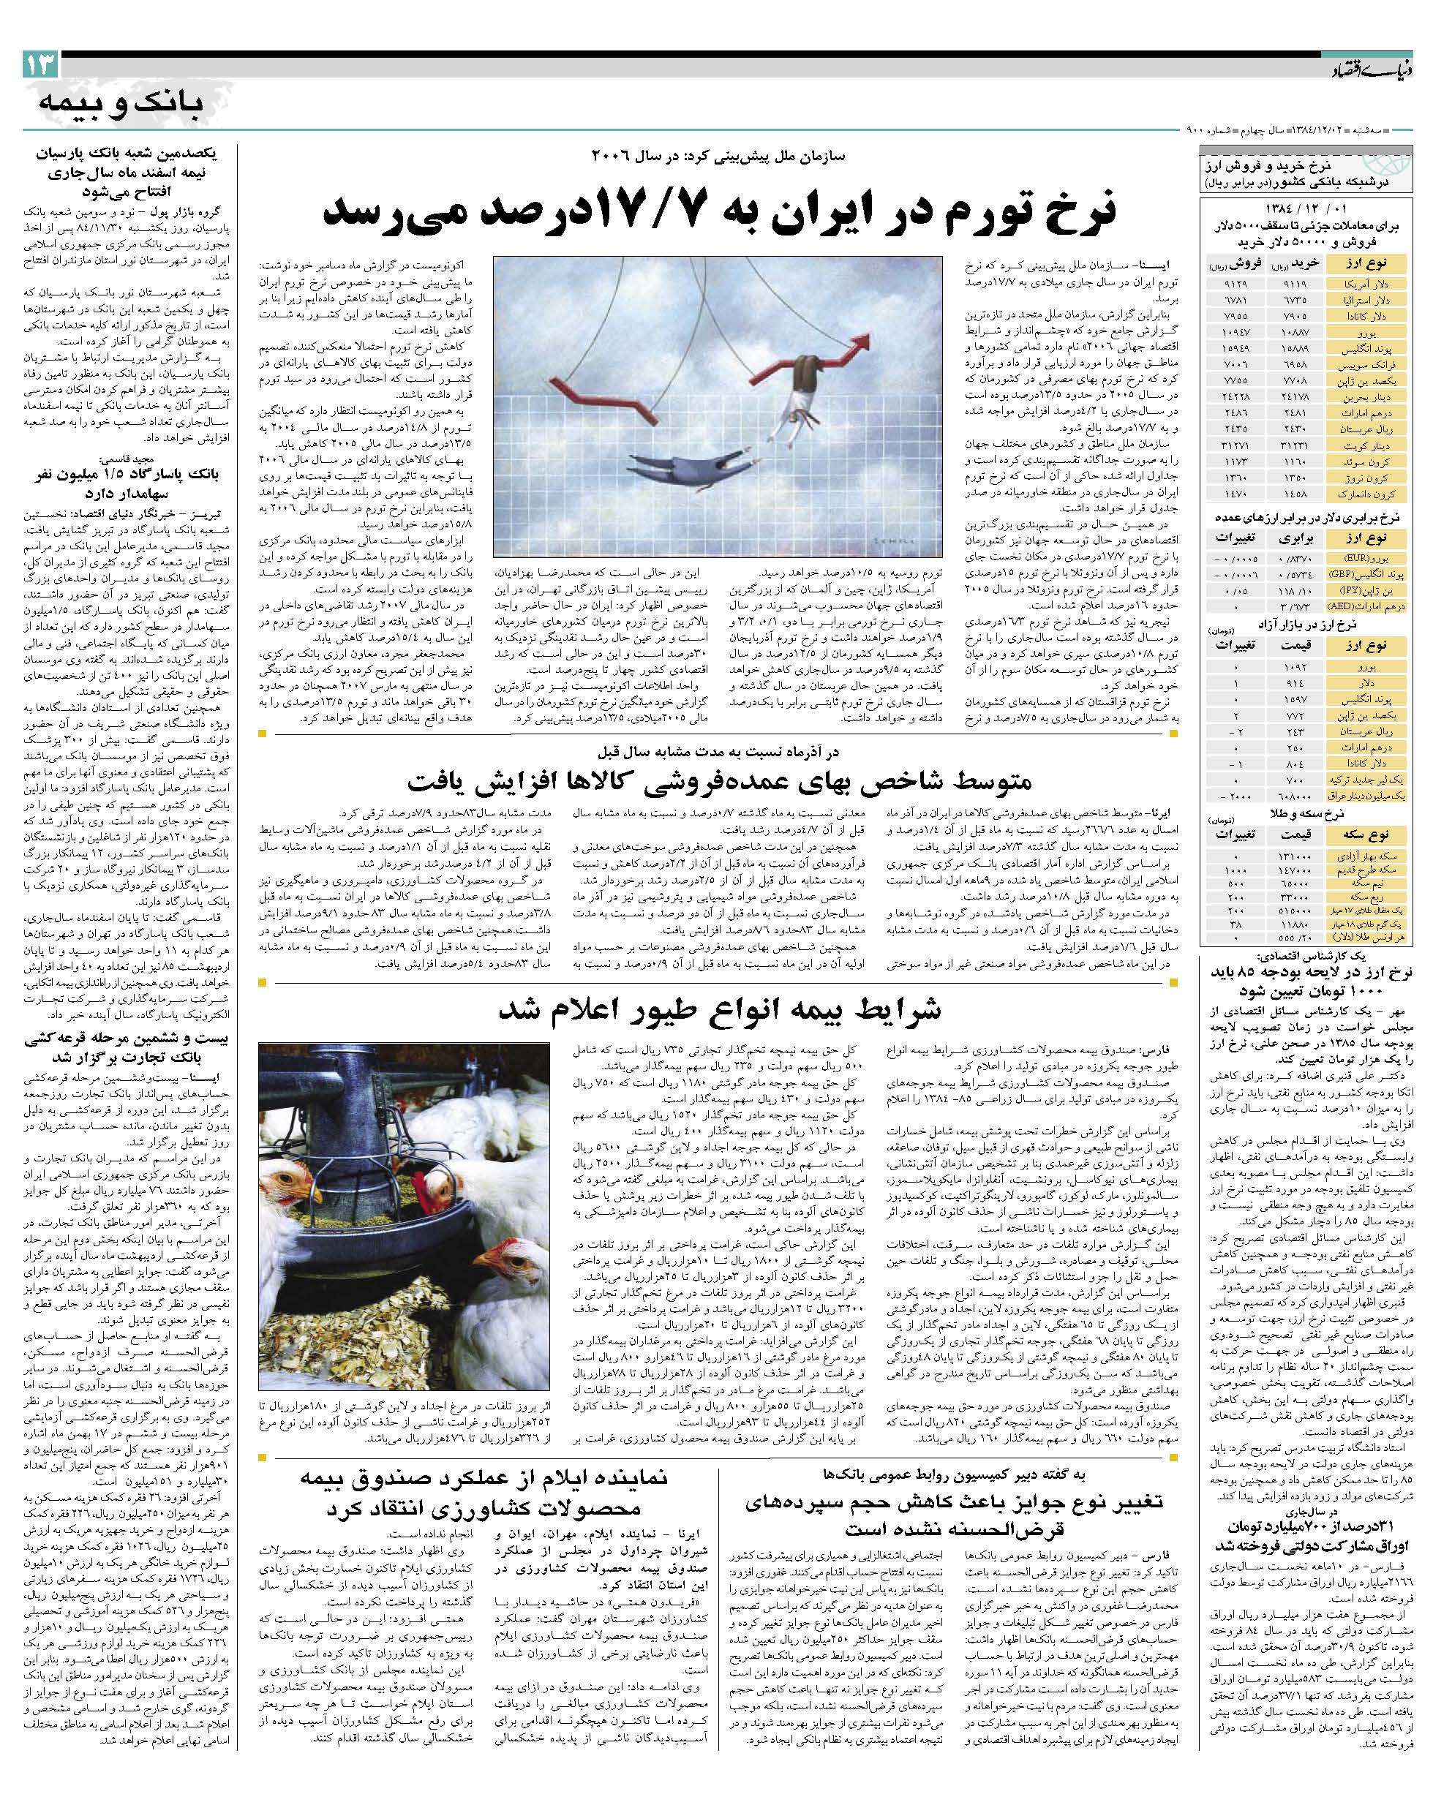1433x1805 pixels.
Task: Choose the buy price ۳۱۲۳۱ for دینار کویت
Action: click(1296, 445)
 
